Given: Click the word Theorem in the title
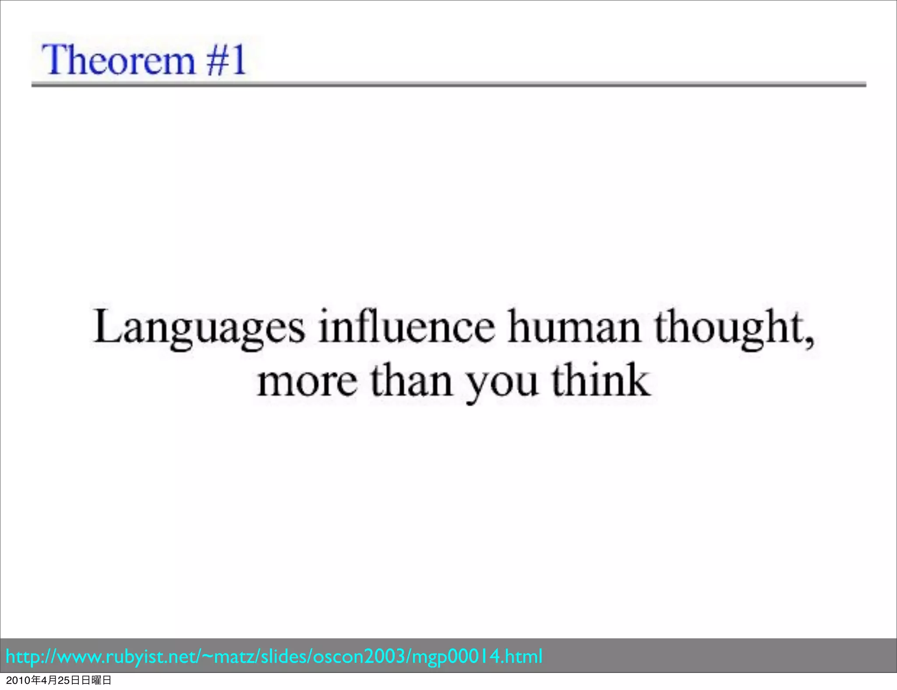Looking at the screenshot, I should tap(118, 60).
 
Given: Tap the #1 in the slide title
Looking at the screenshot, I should tap(226, 60).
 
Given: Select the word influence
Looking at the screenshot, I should tap(406, 327).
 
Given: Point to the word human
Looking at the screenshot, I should tap(574, 327).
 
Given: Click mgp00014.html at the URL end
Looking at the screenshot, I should tap(478, 657).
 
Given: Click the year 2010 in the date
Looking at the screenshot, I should tap(18, 680).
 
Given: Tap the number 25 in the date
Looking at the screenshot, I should tap(64, 680).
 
